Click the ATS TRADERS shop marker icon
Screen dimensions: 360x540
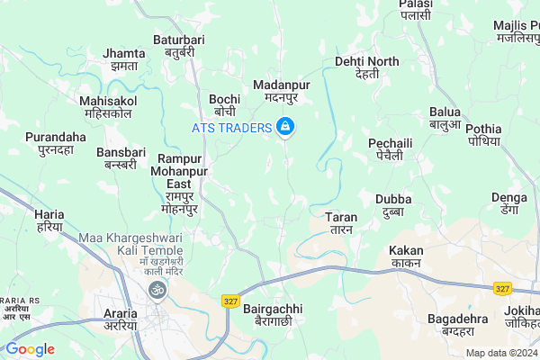pyautogui.click(x=284, y=128)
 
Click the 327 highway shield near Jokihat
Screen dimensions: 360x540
pyautogui.click(x=502, y=288)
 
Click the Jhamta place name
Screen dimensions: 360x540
pyautogui.click(x=124, y=59)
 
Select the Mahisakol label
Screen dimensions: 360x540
pyautogui.click(x=105, y=107)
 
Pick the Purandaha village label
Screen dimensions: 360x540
pyautogui.click(x=55, y=143)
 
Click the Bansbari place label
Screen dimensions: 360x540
pyautogui.click(x=121, y=158)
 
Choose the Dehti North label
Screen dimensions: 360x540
pyautogui.click(x=366, y=67)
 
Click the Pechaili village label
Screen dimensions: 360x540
pyautogui.click(x=390, y=149)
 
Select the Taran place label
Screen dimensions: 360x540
pyautogui.click(x=341, y=223)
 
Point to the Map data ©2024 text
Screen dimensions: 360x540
pyautogui.click(x=499, y=353)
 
